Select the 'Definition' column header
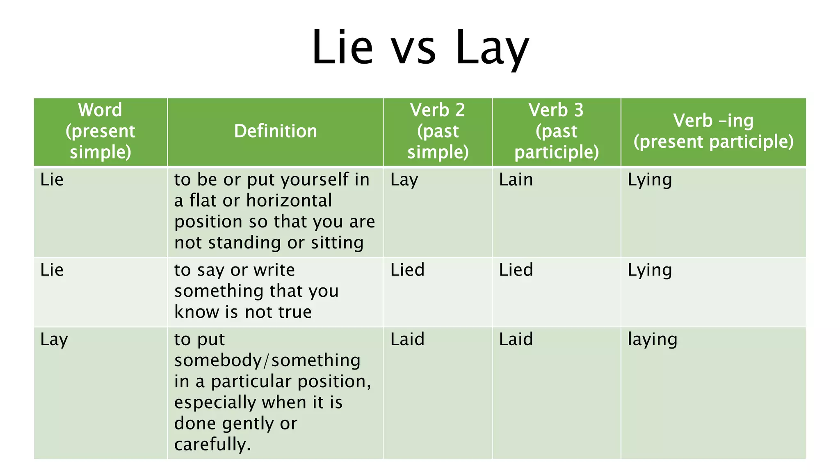(x=275, y=131)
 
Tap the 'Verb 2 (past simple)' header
(x=438, y=131)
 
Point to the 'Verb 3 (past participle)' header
(x=556, y=131)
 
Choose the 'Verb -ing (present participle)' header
(x=713, y=131)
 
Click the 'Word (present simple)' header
(x=100, y=131)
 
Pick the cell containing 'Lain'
(x=516, y=180)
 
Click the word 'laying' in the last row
(x=652, y=340)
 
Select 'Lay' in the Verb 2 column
(x=404, y=180)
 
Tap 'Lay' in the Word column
(x=54, y=340)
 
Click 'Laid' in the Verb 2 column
(x=407, y=340)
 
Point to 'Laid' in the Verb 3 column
(x=516, y=340)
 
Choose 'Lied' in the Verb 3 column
(x=516, y=270)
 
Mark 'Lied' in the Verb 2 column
(x=407, y=270)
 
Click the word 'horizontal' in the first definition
(x=289, y=201)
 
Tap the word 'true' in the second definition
(x=294, y=312)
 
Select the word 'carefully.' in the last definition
(x=212, y=445)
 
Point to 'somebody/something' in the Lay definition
(x=267, y=360)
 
